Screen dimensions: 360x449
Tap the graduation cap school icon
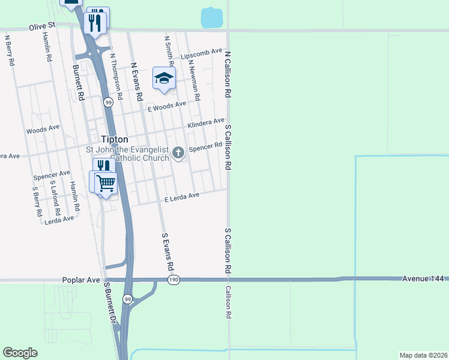[x=164, y=78]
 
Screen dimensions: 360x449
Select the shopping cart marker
[x=106, y=182]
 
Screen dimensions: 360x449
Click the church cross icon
[x=178, y=153]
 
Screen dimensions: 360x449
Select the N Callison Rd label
[x=228, y=74]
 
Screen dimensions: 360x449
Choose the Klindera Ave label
[x=206, y=124]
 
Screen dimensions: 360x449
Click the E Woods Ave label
[x=167, y=107]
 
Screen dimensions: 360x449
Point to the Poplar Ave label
[x=80, y=280]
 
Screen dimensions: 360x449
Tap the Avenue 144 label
[x=424, y=278]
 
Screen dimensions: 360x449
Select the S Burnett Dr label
[x=110, y=302]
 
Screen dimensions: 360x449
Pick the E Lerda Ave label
[x=181, y=197]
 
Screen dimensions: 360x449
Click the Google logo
[x=20, y=353]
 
